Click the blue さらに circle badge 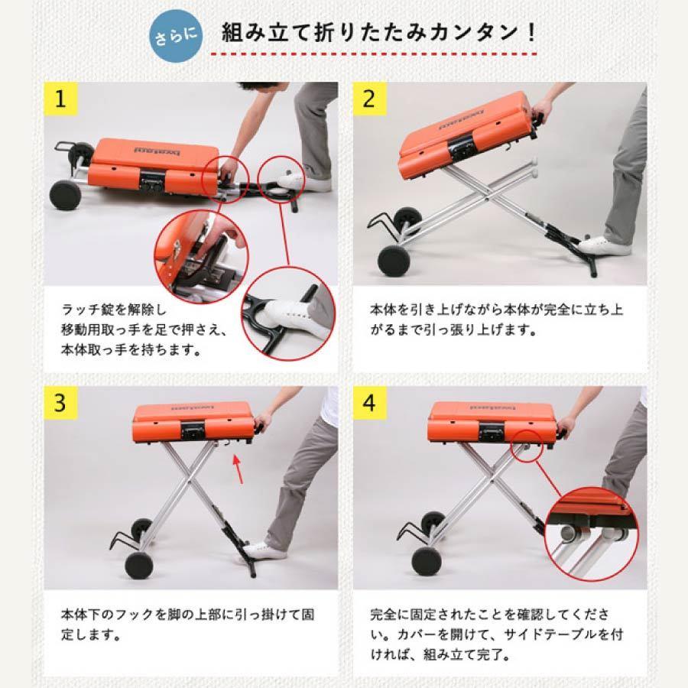pos(176,36)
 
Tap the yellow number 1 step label pos(60,99)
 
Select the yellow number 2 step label pos(369,99)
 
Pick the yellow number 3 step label pos(60,403)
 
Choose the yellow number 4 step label pos(369,403)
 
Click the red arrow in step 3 pos(239,469)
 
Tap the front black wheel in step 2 pos(394,261)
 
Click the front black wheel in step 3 pos(138,565)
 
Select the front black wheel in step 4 pos(426,561)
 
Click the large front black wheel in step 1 pos(66,194)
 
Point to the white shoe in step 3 pos(264,550)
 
